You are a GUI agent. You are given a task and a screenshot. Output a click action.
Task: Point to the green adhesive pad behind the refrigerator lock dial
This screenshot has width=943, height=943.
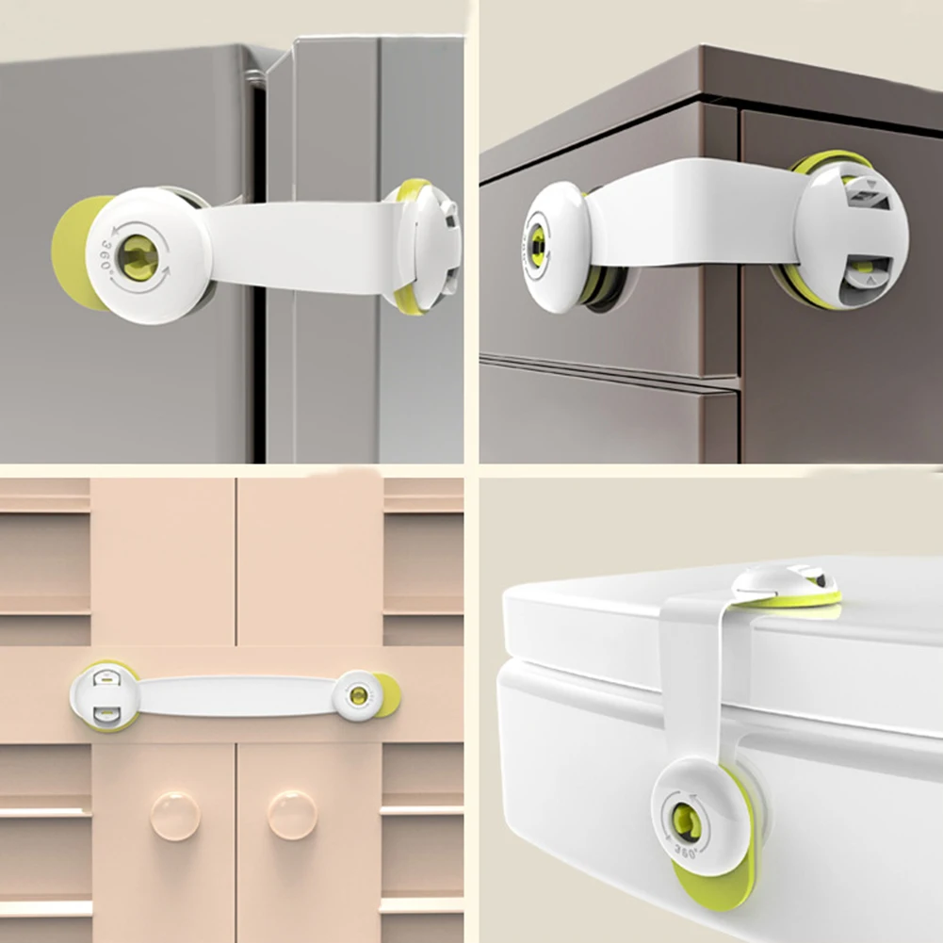[x=68, y=252]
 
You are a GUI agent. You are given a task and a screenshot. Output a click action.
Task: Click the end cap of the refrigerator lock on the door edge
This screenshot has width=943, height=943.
[x=430, y=245]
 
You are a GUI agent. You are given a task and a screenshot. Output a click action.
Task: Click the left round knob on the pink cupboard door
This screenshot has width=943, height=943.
[x=175, y=815]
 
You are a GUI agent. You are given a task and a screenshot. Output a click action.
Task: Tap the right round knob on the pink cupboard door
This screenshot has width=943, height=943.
[x=292, y=815]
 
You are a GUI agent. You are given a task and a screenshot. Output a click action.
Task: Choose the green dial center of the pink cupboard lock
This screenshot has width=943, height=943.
[x=358, y=696]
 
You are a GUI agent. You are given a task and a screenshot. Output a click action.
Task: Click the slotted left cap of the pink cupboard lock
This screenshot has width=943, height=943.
[x=105, y=694]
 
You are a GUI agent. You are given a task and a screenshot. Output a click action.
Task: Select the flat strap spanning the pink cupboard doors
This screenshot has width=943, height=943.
[x=236, y=695]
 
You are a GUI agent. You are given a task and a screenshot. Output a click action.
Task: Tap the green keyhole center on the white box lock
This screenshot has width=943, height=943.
[x=687, y=822]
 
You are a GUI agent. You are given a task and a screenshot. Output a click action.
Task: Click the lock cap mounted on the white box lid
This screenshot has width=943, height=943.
[x=787, y=584]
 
